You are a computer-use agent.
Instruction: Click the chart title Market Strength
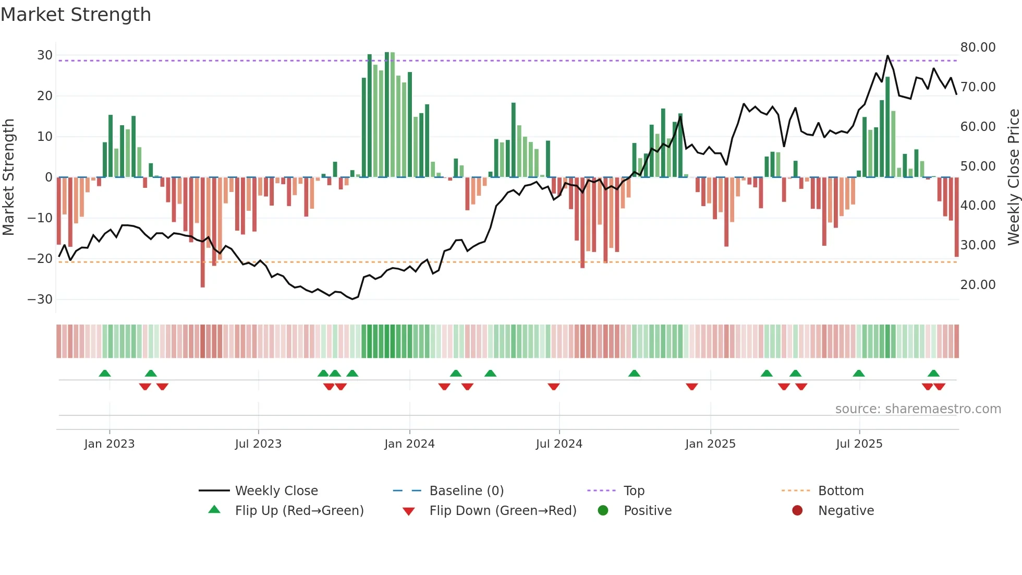76,15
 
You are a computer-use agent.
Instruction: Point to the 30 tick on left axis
45,55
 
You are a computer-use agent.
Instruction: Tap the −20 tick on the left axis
40,258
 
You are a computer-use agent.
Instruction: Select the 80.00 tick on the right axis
978,47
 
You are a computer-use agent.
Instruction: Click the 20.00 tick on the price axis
978,285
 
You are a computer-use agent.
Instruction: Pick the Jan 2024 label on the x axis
409,444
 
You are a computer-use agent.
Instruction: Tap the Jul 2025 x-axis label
859,444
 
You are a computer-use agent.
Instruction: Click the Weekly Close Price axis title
1013,177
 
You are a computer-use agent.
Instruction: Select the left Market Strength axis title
8,177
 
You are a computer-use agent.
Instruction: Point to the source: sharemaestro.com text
918,409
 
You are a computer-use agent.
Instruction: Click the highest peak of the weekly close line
887,56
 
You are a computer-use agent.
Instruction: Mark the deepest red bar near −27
202,284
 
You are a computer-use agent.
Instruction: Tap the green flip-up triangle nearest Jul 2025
858,373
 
